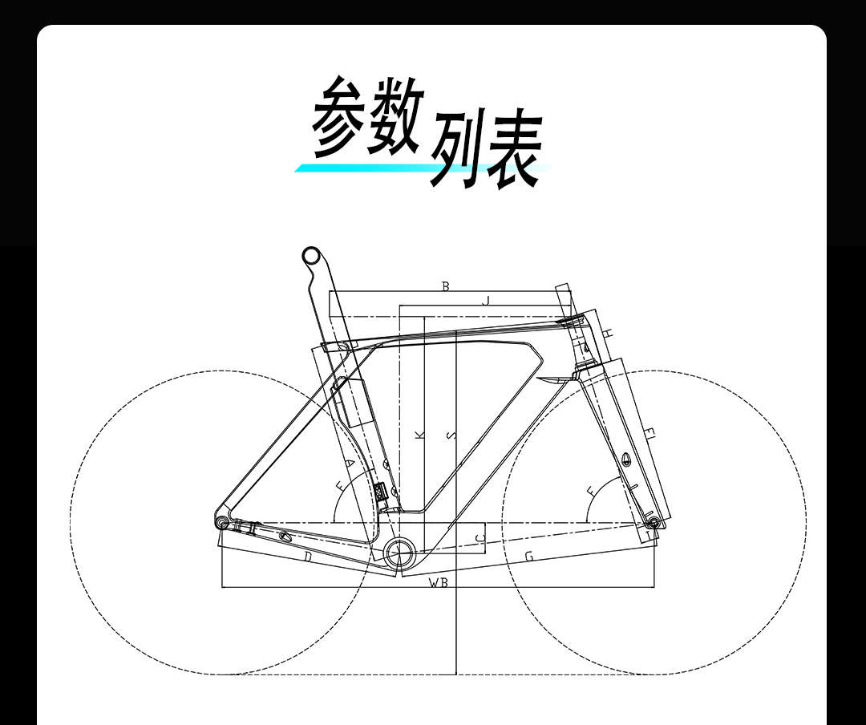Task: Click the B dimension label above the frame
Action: click(x=446, y=286)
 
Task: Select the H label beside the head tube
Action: click(x=608, y=332)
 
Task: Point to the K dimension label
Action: click(x=419, y=435)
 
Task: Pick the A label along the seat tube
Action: click(x=350, y=464)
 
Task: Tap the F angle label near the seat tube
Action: click(x=340, y=486)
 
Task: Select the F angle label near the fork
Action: click(x=592, y=489)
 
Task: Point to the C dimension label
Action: click(x=480, y=537)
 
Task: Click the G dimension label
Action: click(x=528, y=556)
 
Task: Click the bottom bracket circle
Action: click(x=398, y=550)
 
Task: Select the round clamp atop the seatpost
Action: click(x=310, y=256)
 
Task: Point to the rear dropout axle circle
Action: click(x=222, y=522)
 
